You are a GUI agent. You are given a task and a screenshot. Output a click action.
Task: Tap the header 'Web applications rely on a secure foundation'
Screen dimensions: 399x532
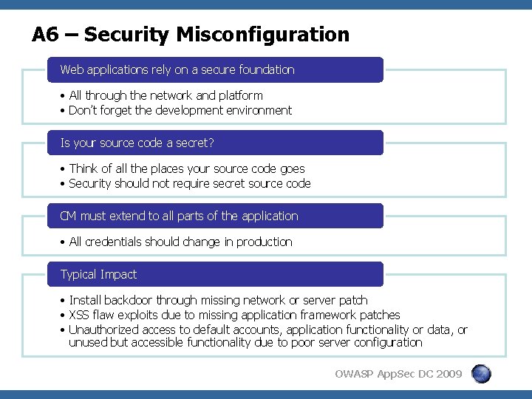coord(177,70)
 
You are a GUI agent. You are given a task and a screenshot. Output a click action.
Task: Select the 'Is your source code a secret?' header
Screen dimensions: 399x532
coord(137,143)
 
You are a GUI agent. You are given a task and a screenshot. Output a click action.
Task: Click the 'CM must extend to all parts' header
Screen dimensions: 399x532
coord(179,216)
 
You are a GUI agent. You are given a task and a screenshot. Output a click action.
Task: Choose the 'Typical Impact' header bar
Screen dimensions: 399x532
coord(99,275)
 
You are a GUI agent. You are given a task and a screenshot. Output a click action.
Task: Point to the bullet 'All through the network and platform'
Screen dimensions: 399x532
coord(166,96)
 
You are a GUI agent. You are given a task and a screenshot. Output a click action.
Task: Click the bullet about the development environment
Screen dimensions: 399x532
coord(180,111)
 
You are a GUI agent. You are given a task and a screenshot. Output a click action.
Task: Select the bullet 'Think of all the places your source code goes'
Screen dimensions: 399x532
coord(186,169)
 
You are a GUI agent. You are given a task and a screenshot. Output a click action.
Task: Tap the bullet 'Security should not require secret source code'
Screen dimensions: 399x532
coord(189,184)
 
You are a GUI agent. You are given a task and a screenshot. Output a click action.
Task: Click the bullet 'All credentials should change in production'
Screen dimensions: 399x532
coord(180,242)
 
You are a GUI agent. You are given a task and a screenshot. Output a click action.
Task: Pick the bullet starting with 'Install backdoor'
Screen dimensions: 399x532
coord(218,301)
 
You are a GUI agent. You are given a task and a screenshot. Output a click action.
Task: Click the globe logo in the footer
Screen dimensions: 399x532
coord(480,374)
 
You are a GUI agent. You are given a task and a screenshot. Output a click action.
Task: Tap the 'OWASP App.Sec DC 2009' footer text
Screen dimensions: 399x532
coord(398,374)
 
